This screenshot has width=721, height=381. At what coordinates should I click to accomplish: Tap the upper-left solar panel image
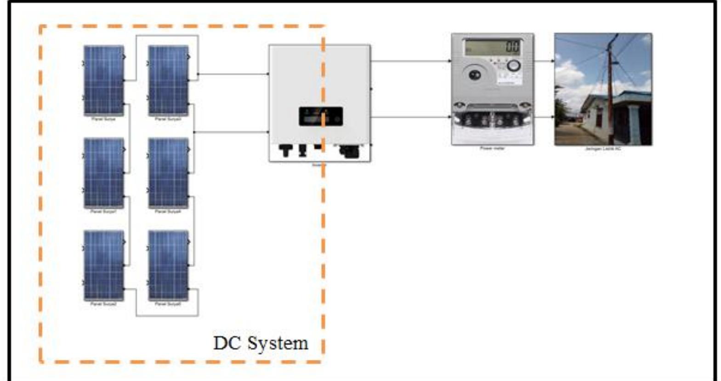pyautogui.click(x=103, y=80)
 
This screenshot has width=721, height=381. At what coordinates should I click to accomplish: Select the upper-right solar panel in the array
pyautogui.click(x=168, y=80)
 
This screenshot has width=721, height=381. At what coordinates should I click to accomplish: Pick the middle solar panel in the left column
pyautogui.click(x=103, y=173)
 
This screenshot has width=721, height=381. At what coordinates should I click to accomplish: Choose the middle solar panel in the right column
pyautogui.click(x=168, y=173)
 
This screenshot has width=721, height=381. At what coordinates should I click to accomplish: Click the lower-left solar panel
pyautogui.click(x=103, y=265)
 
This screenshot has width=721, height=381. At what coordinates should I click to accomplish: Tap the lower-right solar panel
pyautogui.click(x=168, y=265)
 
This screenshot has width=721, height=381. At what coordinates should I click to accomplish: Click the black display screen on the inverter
pyautogui.click(x=320, y=116)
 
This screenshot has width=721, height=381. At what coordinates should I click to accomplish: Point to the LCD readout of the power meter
pyautogui.click(x=493, y=47)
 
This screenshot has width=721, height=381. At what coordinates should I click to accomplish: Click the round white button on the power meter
pyautogui.click(x=514, y=66)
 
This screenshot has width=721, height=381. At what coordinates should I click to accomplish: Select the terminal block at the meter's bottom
pyautogui.click(x=492, y=119)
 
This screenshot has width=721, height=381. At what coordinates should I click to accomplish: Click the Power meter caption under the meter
pyautogui.click(x=492, y=148)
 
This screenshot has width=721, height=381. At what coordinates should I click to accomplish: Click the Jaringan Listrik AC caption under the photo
pyautogui.click(x=602, y=148)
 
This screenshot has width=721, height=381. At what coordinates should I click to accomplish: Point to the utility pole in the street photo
pyautogui.click(x=611, y=87)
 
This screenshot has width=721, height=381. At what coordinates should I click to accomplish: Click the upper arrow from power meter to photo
pyautogui.click(x=544, y=61)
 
